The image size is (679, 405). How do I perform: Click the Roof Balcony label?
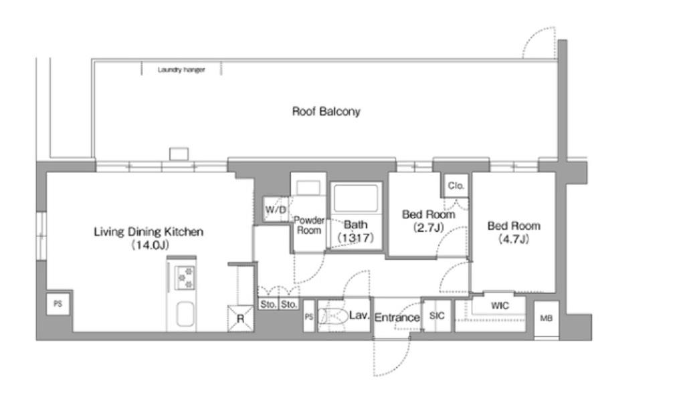[x=326, y=112]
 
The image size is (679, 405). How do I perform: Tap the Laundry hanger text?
[x=181, y=70]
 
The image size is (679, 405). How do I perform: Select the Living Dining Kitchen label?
[x=149, y=232]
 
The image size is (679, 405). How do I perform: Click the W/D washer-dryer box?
[x=276, y=210]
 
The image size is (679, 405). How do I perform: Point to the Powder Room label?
[x=309, y=225]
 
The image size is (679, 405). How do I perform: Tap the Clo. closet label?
[x=456, y=186]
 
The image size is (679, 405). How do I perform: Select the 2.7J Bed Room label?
[x=428, y=221]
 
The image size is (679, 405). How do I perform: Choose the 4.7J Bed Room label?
[x=514, y=232]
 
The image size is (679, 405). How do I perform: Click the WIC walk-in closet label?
[x=500, y=305]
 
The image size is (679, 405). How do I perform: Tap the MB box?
[x=546, y=318]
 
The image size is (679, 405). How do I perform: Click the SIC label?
[x=436, y=316]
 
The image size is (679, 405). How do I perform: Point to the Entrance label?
[x=397, y=317]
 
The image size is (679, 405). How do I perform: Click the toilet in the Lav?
[x=332, y=316]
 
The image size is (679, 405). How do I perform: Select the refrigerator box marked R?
[x=240, y=319]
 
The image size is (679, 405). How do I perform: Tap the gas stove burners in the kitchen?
[x=185, y=278]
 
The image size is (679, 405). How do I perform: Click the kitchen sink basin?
[x=185, y=313]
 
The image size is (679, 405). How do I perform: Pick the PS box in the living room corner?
[x=58, y=303]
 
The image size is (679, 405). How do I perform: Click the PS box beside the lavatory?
[x=309, y=317]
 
